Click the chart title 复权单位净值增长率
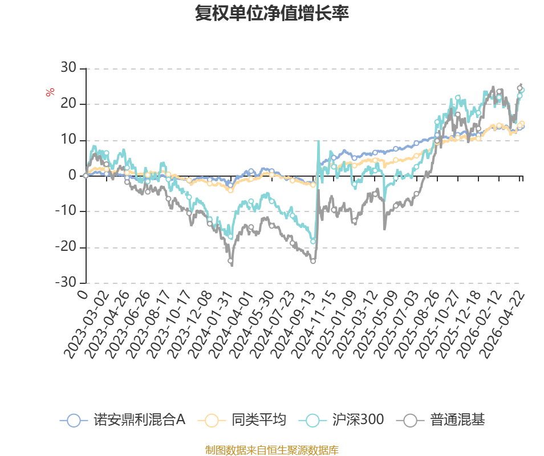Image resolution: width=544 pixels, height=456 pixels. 271,13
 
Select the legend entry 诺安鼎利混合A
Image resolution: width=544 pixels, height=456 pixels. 123,420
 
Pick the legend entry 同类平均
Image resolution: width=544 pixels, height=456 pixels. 242,420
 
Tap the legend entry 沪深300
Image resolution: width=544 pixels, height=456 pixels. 341,420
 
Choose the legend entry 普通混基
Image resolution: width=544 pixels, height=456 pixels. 440,420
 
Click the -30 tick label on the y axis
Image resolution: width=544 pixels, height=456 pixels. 66,282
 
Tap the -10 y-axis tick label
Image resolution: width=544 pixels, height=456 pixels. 66,210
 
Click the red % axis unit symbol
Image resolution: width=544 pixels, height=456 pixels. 50,92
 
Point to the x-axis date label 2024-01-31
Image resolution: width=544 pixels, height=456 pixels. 212,324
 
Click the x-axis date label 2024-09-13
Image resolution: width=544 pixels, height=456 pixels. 294,324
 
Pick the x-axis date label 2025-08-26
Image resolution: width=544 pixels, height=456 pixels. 417,324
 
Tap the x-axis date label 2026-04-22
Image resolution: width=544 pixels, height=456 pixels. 503,324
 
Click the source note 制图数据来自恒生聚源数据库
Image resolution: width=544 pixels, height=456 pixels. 271,450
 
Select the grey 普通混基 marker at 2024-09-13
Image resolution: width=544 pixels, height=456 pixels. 313,261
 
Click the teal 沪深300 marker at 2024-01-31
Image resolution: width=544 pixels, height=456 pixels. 230,237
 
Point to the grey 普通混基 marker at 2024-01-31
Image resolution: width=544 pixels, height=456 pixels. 230,260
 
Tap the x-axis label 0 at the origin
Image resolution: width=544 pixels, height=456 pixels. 83,295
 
